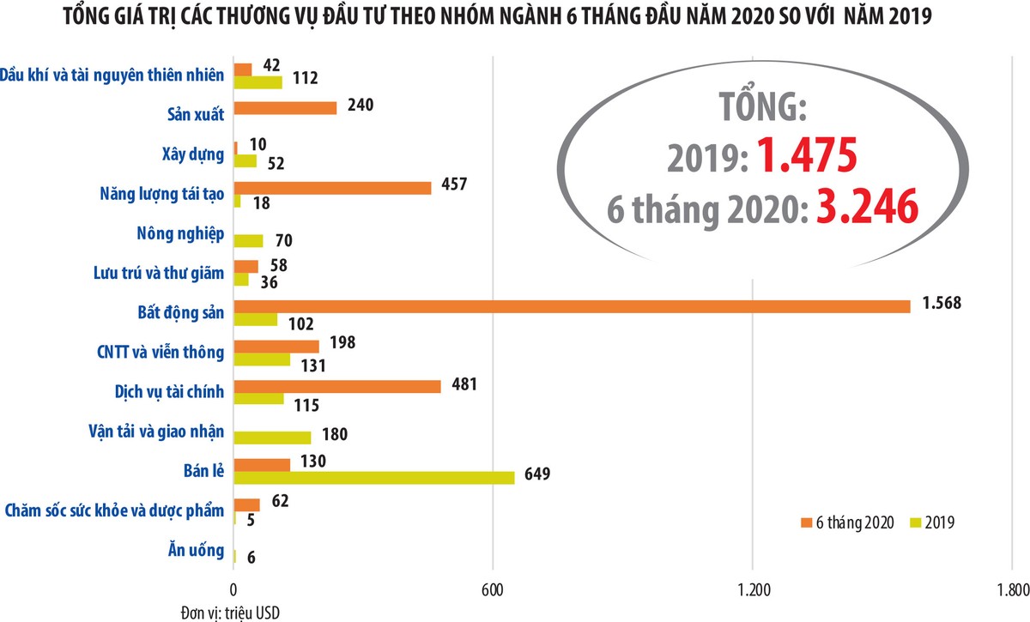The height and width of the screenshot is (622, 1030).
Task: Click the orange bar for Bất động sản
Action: pyautogui.click(x=572, y=306)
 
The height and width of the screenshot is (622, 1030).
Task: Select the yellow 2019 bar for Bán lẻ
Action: pyautogui.click(x=374, y=478)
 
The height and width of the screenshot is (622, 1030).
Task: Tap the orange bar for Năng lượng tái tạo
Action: pyautogui.click(x=332, y=188)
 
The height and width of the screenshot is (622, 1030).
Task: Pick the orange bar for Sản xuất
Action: pyautogui.click(x=285, y=108)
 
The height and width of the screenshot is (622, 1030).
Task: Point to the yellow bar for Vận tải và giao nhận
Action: pyautogui.click(x=272, y=438)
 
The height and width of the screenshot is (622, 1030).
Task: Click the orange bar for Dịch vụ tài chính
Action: pyautogui.click(x=337, y=386)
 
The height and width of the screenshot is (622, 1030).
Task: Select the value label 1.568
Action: pyautogui.click(x=941, y=302)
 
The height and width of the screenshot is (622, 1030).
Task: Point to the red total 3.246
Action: pyautogui.click(x=867, y=208)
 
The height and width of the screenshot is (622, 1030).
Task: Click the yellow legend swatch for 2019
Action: pyautogui.click(x=916, y=522)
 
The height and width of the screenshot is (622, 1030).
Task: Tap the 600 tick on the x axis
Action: pyautogui.click(x=493, y=589)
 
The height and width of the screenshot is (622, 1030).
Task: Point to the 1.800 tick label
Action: pyautogui.click(x=1010, y=589)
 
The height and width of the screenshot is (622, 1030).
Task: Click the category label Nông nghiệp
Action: pyautogui.click(x=180, y=234)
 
